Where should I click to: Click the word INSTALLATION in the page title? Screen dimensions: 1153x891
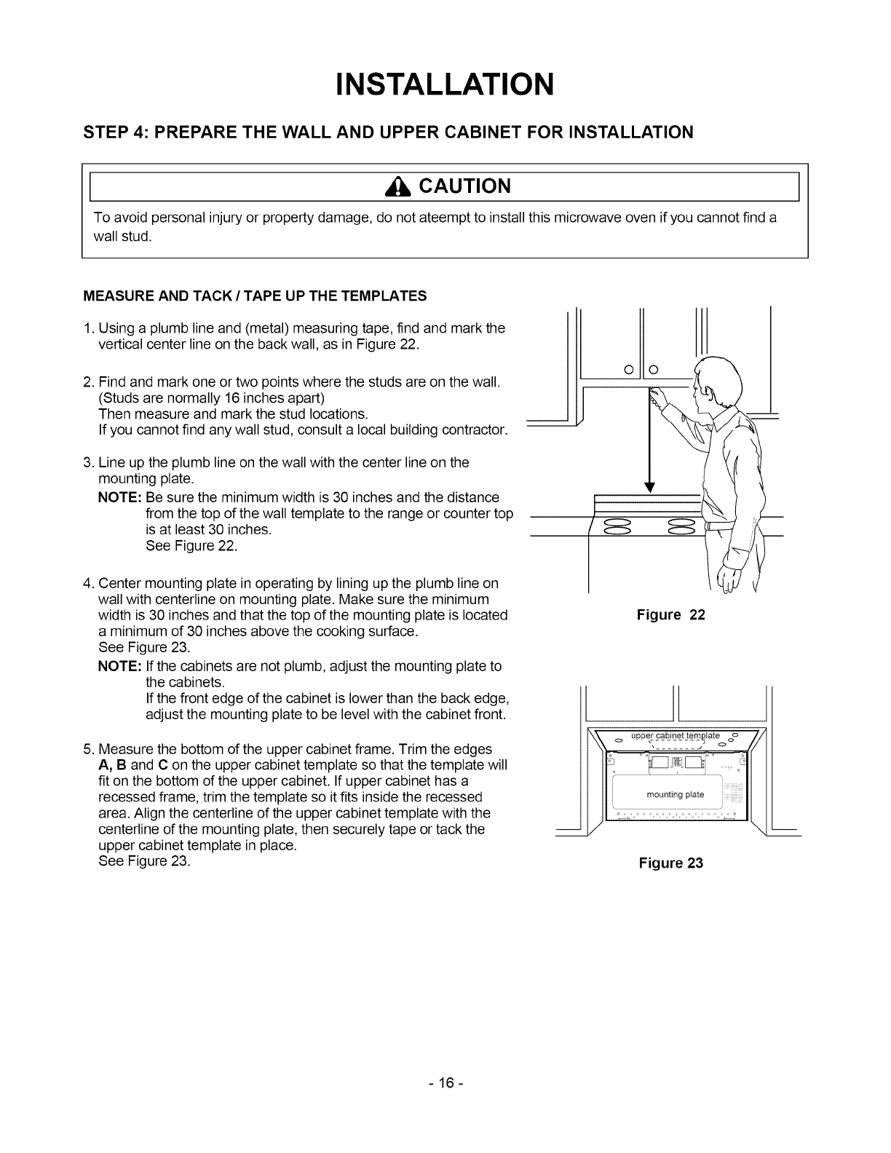click(x=445, y=84)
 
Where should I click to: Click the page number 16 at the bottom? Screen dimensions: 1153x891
click(x=445, y=1104)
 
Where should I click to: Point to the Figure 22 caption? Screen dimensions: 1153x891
click(x=670, y=615)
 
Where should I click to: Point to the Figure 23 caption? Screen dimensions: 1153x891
click(x=670, y=863)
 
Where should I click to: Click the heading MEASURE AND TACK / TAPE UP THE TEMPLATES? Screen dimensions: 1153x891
click(x=255, y=296)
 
